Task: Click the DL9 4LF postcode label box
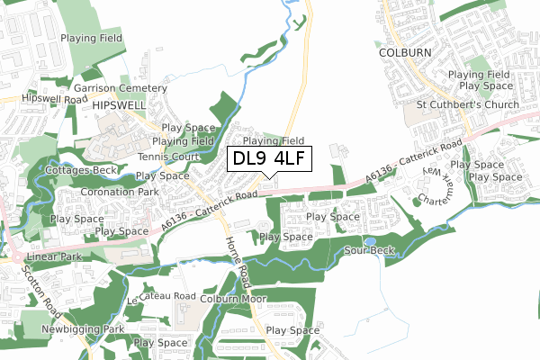click(269, 159)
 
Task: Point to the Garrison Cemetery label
click(121, 89)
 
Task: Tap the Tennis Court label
click(168, 157)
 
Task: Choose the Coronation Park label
click(119, 192)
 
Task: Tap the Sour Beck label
click(364, 250)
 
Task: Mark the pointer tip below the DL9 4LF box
click(269, 177)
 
